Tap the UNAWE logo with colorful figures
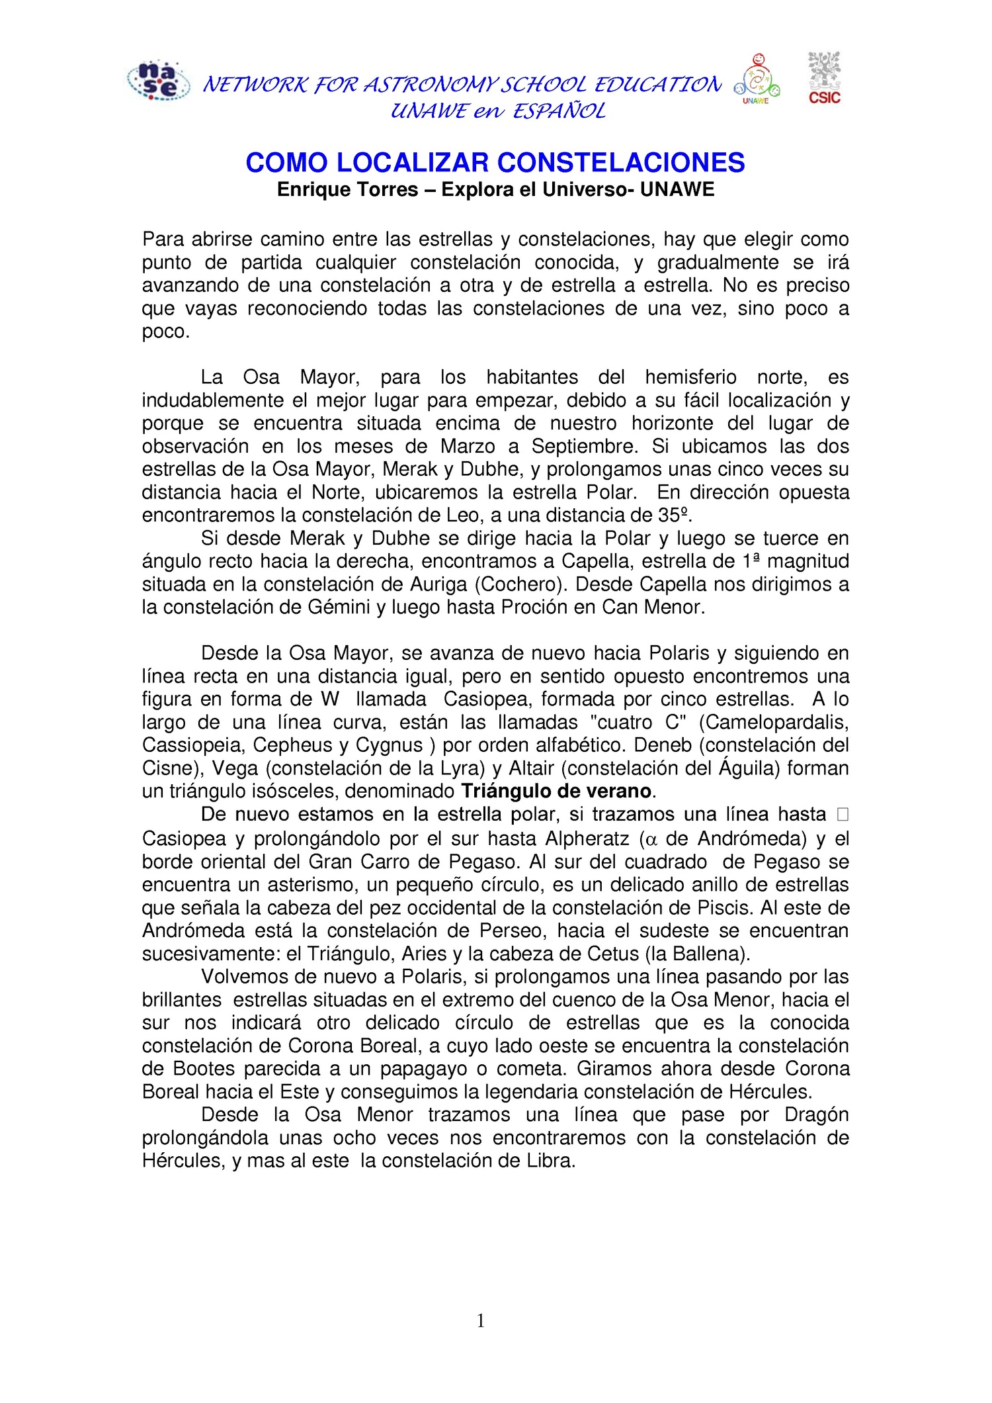757,79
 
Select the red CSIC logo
824,78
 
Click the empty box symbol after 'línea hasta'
842,815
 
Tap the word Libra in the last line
551,1161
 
